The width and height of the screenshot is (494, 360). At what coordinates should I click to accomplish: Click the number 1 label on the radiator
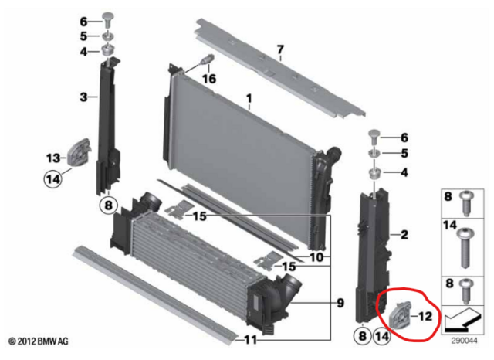[x=249, y=99]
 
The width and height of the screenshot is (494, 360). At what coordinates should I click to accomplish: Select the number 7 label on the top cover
[x=280, y=52]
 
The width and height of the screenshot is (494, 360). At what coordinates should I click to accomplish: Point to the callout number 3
[x=83, y=97]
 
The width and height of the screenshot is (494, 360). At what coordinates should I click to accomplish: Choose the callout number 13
[x=52, y=158]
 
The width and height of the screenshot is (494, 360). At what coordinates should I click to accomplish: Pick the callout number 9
[x=339, y=304]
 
